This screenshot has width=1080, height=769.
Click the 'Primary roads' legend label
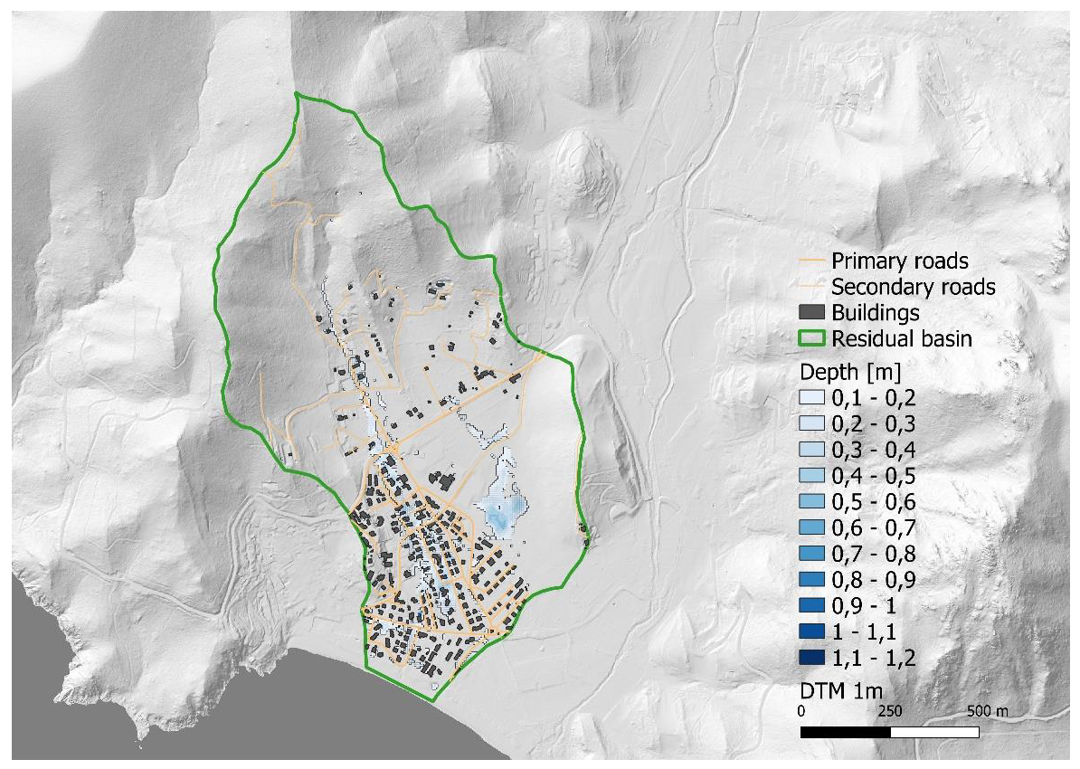pyautogui.click(x=899, y=261)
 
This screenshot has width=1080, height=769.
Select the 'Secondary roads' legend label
pyautogui.click(x=913, y=288)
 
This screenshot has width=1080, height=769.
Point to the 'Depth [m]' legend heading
pyautogui.click(x=847, y=372)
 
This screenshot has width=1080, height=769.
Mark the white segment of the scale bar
pyautogui.click(x=937, y=730)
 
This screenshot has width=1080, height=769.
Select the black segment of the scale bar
pyautogui.click(x=847, y=730)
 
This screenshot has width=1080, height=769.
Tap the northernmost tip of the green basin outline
pyautogui.click(x=297, y=93)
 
